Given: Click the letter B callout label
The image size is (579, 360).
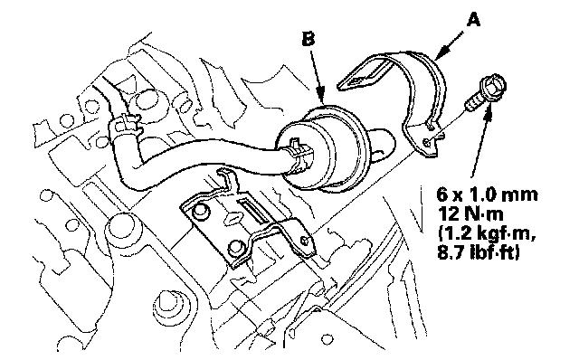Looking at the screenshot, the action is pyautogui.click(x=308, y=39).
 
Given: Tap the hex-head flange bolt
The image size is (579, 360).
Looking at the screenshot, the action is pyautogui.click(x=485, y=94).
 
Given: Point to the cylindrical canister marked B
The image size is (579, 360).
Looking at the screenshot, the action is pyautogui.click(x=325, y=147).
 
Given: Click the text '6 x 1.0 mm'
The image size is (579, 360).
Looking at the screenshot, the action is pyautogui.click(x=487, y=194).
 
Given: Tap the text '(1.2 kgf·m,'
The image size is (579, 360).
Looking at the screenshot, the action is pyautogui.click(x=486, y=234).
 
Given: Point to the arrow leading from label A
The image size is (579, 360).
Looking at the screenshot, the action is pyautogui.click(x=449, y=46).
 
